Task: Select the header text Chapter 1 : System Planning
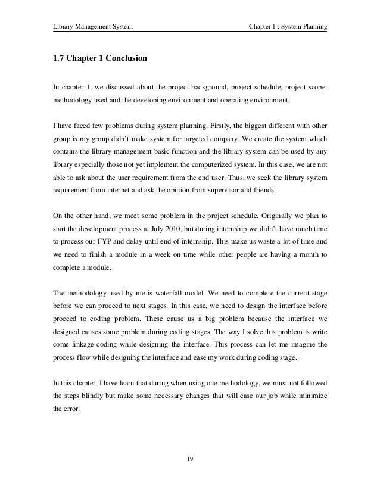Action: pyautogui.click(x=288, y=26)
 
